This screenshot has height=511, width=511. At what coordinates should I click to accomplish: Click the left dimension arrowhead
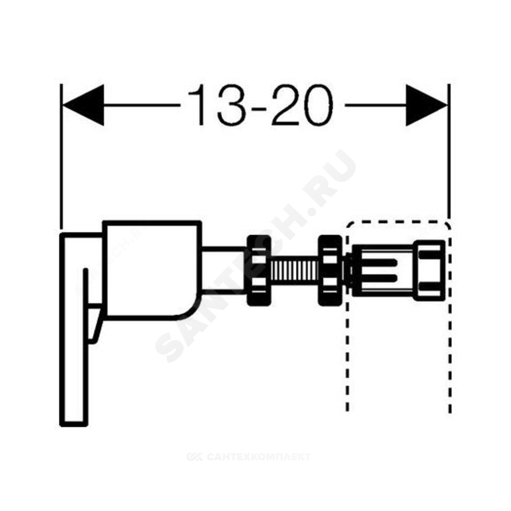pos(83,105)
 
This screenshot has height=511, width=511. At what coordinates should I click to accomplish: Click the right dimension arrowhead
pos(427,105)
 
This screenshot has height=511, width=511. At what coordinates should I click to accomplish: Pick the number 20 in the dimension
pos(301,105)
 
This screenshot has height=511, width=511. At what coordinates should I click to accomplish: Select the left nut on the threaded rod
pos(259,270)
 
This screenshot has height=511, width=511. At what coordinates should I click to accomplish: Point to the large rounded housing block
pos(152,269)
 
